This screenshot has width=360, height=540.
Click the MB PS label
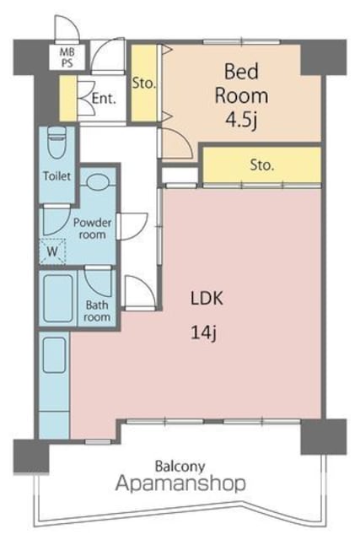67,57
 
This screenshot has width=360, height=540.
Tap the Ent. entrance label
104,99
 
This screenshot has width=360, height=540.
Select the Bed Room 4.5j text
241,95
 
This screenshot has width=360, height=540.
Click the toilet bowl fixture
56,142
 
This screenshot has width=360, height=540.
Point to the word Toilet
56,176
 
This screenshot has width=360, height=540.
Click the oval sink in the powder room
98,181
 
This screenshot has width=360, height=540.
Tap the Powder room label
92,229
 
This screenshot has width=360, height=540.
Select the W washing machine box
52,251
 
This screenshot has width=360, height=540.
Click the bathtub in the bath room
58,298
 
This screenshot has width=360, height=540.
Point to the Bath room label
98,310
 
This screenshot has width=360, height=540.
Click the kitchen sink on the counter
54,354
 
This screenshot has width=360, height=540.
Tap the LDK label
207,298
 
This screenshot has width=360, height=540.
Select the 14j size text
203,333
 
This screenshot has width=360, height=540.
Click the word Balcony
180,467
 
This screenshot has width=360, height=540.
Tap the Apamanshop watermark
180,483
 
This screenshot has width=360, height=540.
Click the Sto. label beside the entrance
144,83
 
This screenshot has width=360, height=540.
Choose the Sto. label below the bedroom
262,165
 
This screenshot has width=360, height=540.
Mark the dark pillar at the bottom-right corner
324,437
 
